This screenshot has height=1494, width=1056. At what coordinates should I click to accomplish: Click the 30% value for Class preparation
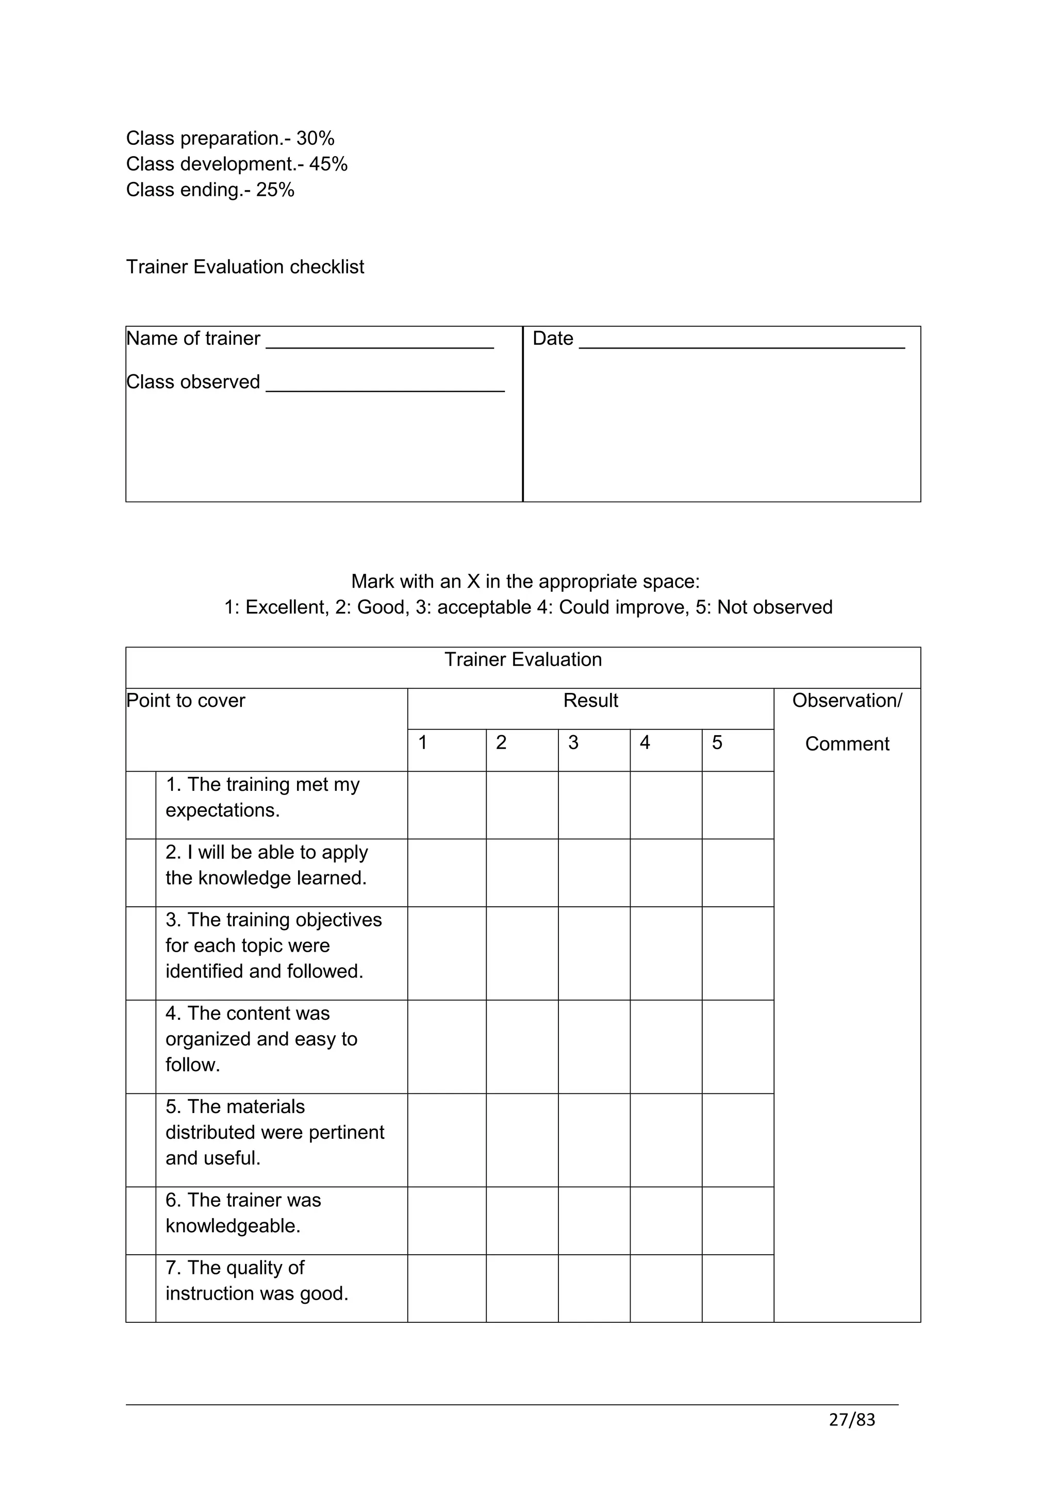(x=315, y=139)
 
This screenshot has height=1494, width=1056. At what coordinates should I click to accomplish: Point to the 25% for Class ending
(x=275, y=190)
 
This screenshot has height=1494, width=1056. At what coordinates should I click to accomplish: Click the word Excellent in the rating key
(x=287, y=607)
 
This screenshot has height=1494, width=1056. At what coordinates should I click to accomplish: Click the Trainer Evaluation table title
(x=523, y=660)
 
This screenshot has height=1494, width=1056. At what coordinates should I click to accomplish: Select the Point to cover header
(x=186, y=701)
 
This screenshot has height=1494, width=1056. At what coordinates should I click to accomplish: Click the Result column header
(x=590, y=701)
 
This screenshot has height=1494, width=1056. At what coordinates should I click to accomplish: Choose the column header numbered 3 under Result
(x=573, y=743)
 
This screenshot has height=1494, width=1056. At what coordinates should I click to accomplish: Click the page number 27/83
(x=852, y=1420)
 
